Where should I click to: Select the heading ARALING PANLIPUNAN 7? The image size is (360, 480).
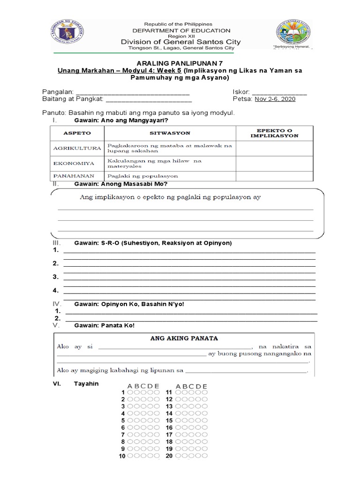pos(180,63)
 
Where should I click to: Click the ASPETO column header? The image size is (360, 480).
pos(77,133)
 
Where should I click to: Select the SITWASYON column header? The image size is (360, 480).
pos(170,133)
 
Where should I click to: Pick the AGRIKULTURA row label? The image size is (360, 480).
pos(77,148)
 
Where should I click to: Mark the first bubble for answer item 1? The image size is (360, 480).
pos(130,392)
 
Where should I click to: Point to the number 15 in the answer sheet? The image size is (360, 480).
pos(169,420)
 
